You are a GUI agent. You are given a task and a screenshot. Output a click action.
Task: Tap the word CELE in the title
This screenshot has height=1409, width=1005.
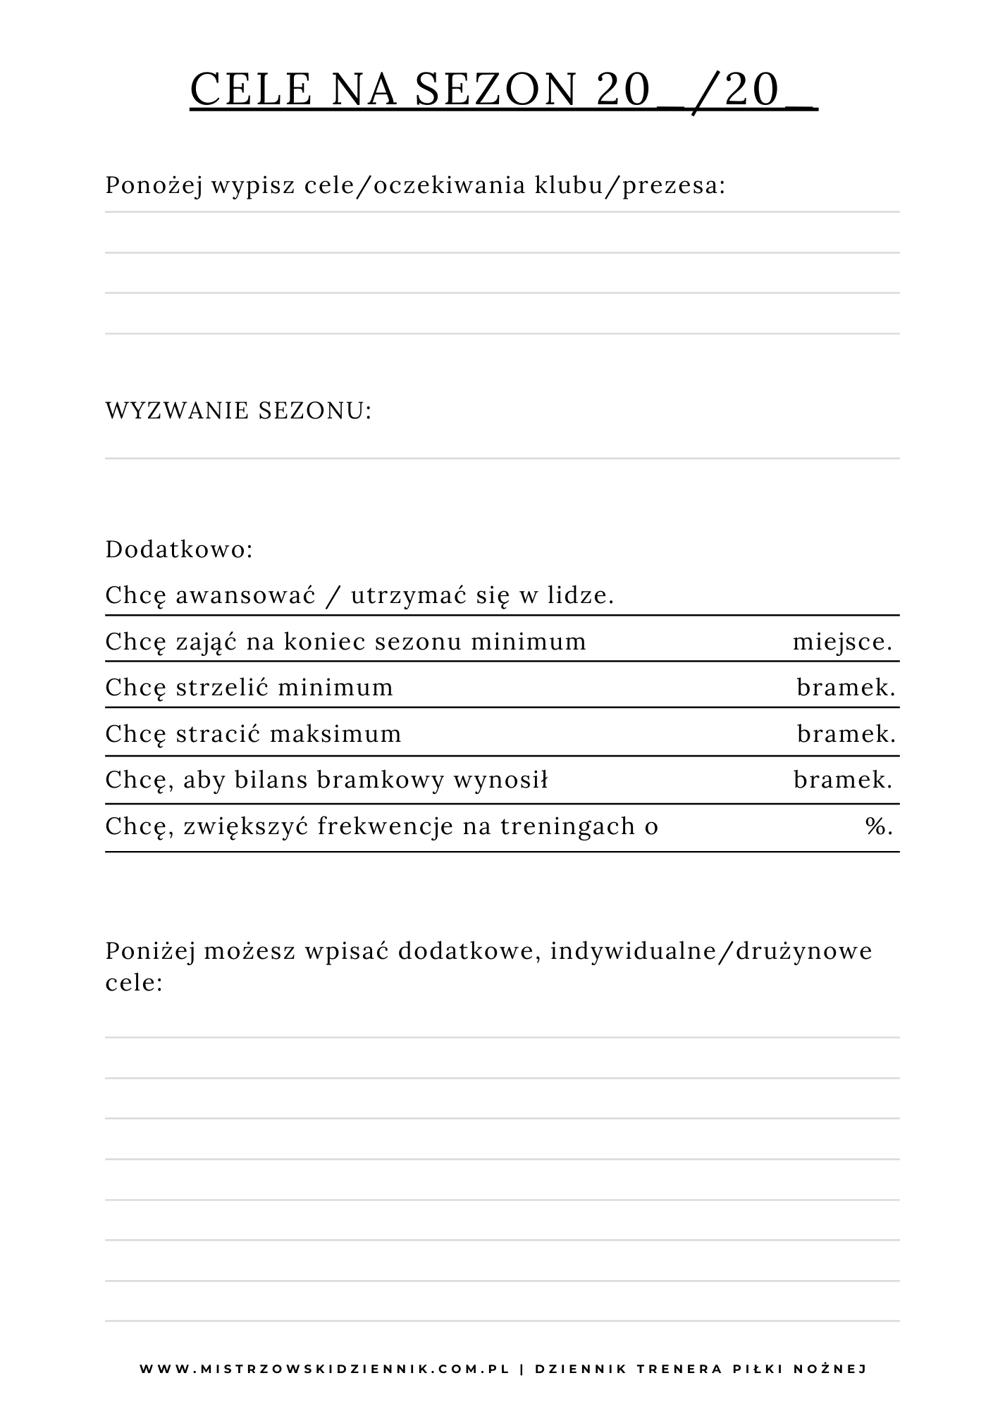[x=251, y=90]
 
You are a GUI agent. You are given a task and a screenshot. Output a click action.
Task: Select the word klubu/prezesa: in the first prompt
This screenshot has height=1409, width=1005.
[x=630, y=186]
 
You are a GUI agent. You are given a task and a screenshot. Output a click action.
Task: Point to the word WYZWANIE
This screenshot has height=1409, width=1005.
[x=177, y=411]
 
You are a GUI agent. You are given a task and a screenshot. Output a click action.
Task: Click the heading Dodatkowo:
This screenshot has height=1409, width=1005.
[x=179, y=550]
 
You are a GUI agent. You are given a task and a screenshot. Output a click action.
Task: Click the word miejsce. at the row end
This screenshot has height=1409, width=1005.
[x=843, y=642]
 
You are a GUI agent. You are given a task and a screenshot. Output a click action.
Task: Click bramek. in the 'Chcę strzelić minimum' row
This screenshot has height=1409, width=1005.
[x=846, y=688]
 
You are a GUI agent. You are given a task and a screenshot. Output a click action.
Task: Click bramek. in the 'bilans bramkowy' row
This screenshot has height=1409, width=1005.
[x=843, y=780]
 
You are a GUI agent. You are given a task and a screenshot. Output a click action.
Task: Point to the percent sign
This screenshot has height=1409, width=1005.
[x=878, y=826]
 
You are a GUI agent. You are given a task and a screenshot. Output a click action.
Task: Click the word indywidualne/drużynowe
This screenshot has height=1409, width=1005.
[x=711, y=952]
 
